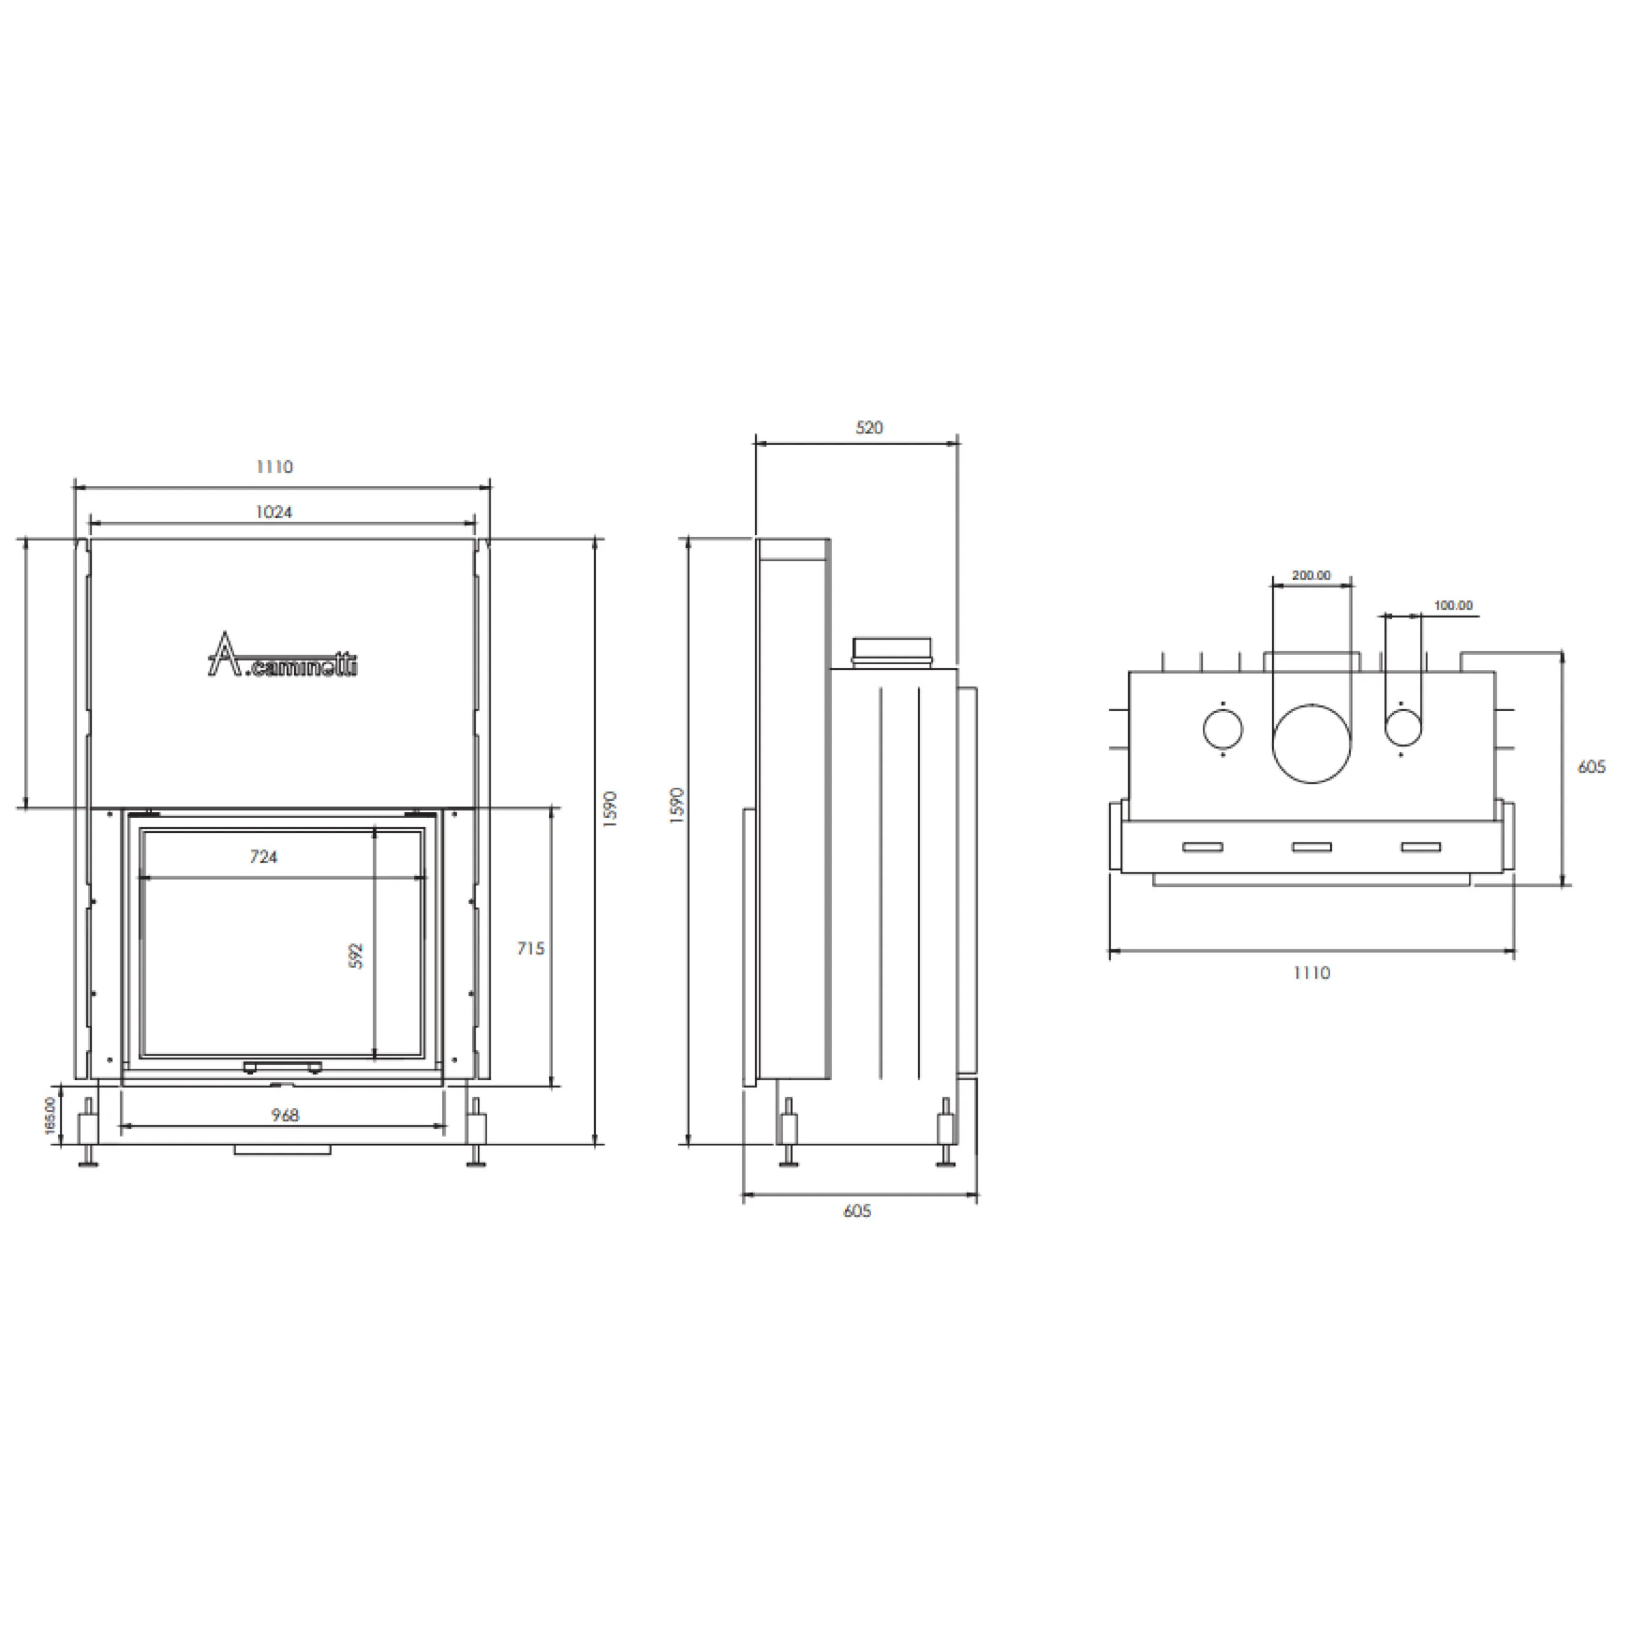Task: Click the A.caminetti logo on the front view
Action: pos(282,657)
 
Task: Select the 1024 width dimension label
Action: pos(274,512)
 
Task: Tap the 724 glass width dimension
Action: pos(263,857)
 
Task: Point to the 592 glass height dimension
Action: pos(356,955)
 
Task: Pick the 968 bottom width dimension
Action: pos(285,1116)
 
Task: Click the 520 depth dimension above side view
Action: pos(869,428)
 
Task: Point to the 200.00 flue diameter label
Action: pos(1311,576)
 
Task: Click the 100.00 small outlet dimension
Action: pos(1453,606)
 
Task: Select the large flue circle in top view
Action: pos(1311,743)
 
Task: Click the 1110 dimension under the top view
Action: pos(1311,973)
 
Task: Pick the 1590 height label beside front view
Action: pos(612,808)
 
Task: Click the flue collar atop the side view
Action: pos(893,652)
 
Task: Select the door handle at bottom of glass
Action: pos(282,1067)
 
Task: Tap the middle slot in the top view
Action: pos(1312,847)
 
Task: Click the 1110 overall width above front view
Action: pos(274,467)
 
